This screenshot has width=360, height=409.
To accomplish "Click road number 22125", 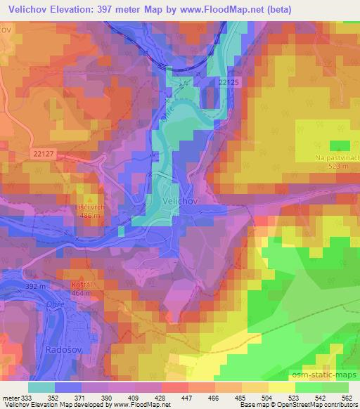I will [x=229, y=83].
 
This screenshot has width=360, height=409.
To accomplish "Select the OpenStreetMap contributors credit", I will [x=319, y=405].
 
